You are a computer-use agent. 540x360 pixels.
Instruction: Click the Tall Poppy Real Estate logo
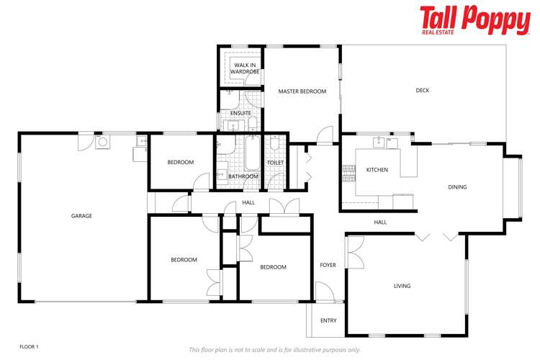click(474, 20)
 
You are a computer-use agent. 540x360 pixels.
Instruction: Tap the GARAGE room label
click(81, 215)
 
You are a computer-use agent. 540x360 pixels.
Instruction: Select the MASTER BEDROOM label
click(302, 91)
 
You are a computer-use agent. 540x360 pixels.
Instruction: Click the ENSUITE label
click(240, 113)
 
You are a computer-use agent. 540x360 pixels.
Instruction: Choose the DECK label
click(422, 90)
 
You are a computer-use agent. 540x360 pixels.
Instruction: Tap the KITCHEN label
click(377, 170)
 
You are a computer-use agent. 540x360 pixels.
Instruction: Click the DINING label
click(457, 187)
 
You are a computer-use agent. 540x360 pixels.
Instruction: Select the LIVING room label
click(402, 286)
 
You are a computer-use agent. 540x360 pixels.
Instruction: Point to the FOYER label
click(328, 265)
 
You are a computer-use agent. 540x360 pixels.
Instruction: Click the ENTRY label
click(328, 320)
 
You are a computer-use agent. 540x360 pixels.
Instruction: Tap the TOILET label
click(276, 163)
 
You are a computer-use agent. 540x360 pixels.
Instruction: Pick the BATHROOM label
click(243, 176)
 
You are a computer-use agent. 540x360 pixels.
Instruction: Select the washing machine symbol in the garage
click(103, 142)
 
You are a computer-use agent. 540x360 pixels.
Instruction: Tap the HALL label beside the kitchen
click(380, 222)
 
